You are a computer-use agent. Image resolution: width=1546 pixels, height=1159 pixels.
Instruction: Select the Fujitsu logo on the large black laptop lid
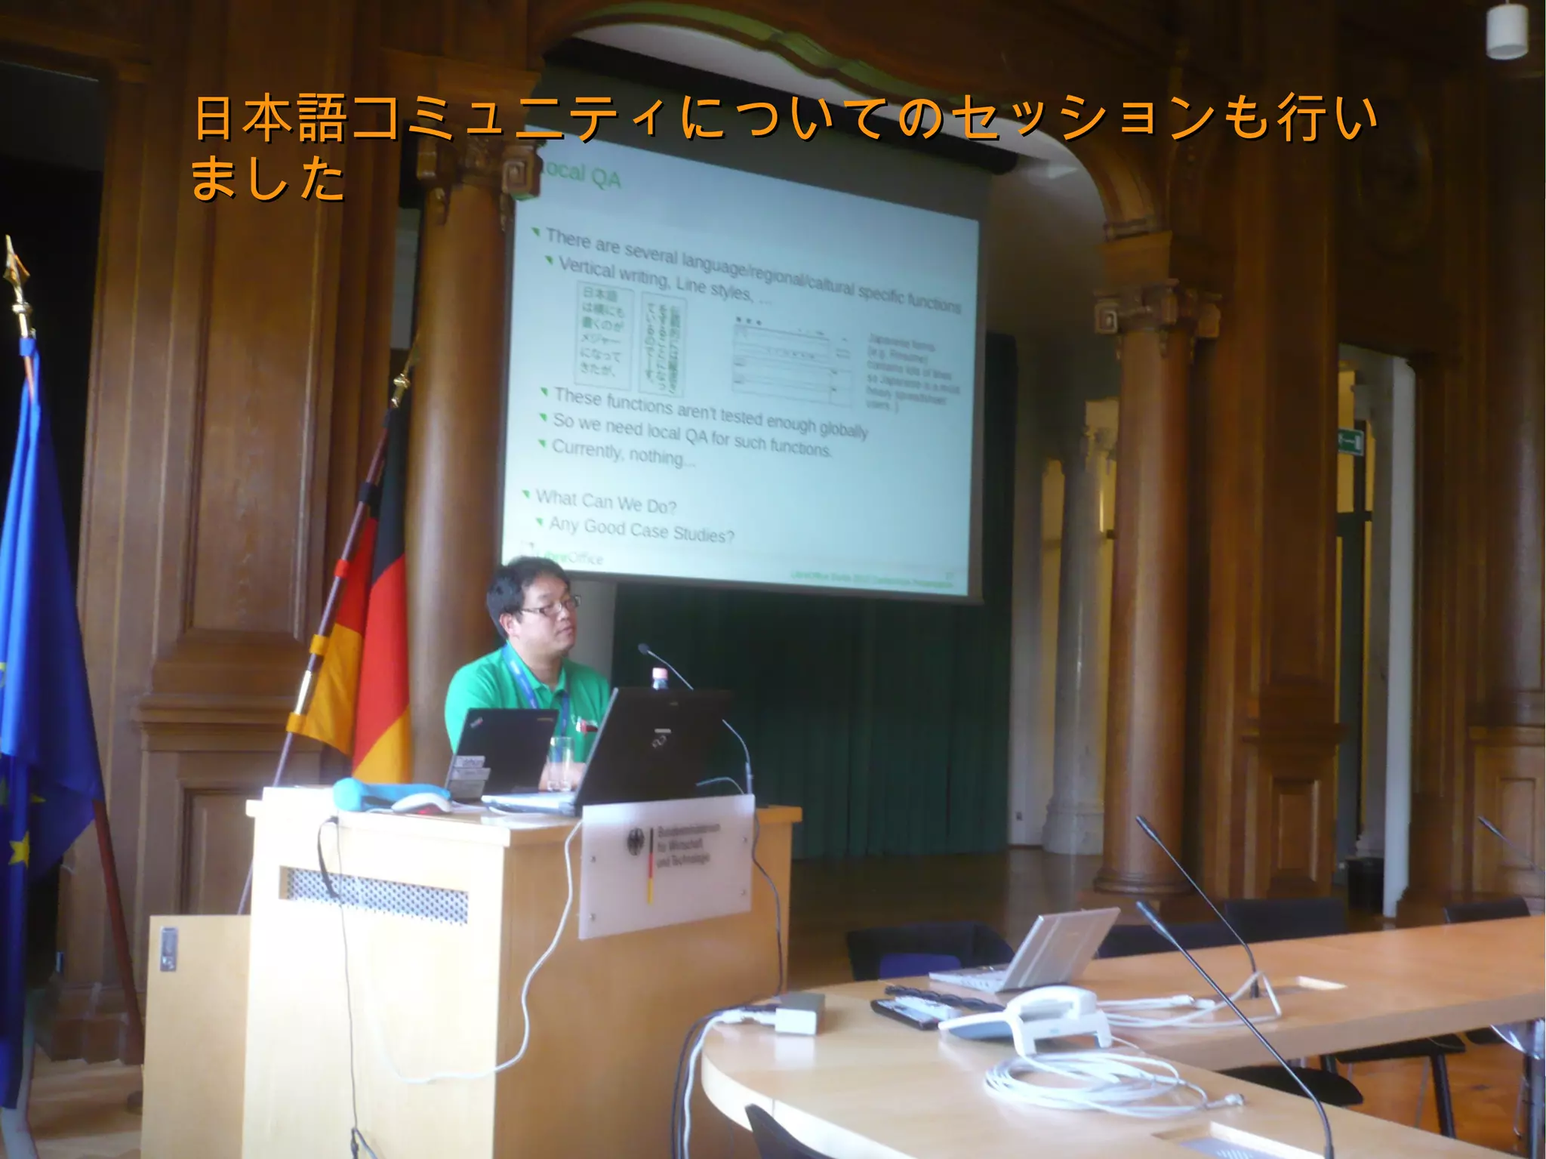coord(662,740)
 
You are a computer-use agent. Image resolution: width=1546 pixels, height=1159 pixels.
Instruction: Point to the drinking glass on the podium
coord(561,763)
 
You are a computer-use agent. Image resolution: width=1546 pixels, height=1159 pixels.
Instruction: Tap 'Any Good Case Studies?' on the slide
coord(641,529)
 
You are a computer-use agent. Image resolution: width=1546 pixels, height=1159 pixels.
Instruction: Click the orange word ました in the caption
coord(267,179)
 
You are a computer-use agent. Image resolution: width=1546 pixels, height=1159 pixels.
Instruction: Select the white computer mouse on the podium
coord(420,803)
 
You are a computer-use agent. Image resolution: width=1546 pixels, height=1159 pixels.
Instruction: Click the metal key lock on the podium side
coord(168,949)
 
